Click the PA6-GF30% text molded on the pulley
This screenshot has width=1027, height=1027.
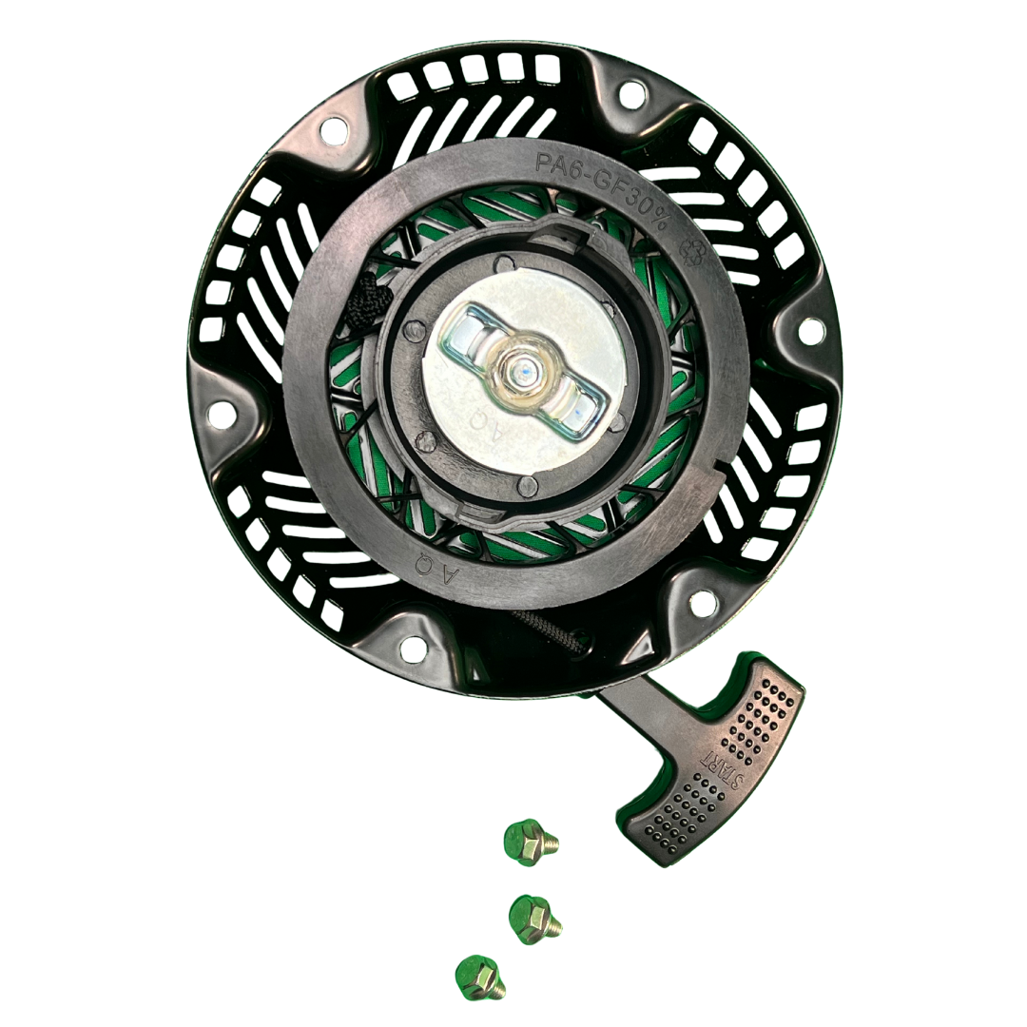(x=604, y=189)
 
